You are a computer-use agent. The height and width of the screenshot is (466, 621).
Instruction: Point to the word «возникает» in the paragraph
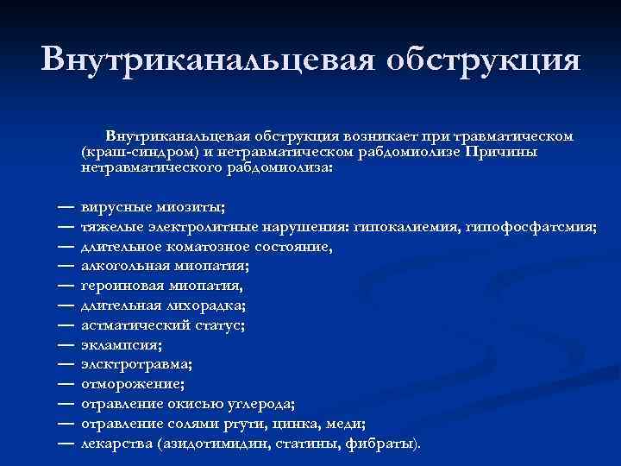[x=379, y=137]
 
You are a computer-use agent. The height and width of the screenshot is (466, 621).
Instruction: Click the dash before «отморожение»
[x=66, y=382]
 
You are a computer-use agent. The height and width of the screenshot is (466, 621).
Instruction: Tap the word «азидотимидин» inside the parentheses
[x=215, y=442]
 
